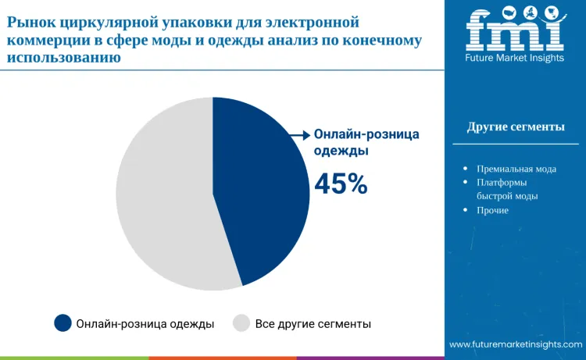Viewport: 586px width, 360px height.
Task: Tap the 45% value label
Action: [x=341, y=184]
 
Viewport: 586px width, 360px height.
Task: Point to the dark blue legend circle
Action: [x=63, y=323]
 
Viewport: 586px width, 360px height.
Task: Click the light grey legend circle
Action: [x=242, y=323]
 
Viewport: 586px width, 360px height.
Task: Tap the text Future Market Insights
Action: [x=514, y=59]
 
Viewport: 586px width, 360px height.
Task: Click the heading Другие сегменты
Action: [x=516, y=127]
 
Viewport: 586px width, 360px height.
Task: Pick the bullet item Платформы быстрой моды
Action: [x=507, y=190]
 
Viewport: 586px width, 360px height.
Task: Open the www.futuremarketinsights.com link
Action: [x=516, y=344]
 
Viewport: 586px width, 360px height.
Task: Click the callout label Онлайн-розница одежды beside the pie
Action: [x=366, y=142]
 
